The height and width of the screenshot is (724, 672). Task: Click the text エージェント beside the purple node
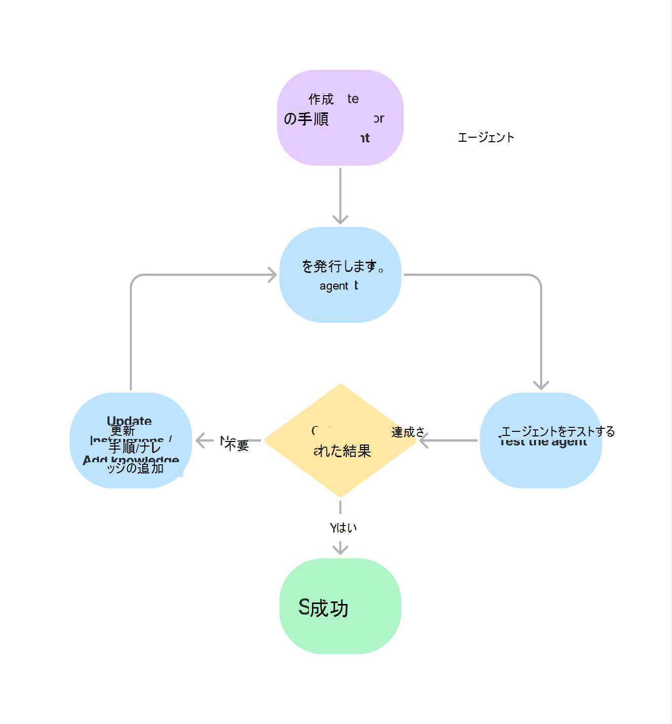pyautogui.click(x=486, y=137)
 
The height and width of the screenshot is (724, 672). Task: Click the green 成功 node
pyautogui.click(x=340, y=606)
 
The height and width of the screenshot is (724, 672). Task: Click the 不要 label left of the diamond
pyautogui.click(x=236, y=445)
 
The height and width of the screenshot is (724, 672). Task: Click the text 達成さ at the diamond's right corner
pyautogui.click(x=407, y=432)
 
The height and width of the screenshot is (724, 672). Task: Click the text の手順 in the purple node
pyautogui.click(x=306, y=119)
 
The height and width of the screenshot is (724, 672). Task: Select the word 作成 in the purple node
pyautogui.click(x=321, y=99)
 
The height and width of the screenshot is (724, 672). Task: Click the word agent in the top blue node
pyautogui.click(x=334, y=286)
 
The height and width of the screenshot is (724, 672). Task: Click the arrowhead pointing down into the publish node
pyautogui.click(x=340, y=220)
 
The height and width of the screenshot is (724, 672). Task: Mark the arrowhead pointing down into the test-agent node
pyautogui.click(x=541, y=385)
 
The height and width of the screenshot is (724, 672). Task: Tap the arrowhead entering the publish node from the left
pyautogui.click(x=272, y=275)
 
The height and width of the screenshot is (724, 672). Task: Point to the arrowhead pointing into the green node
pyautogui.click(x=340, y=549)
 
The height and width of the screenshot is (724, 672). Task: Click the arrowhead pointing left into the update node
pyautogui.click(x=200, y=440)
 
